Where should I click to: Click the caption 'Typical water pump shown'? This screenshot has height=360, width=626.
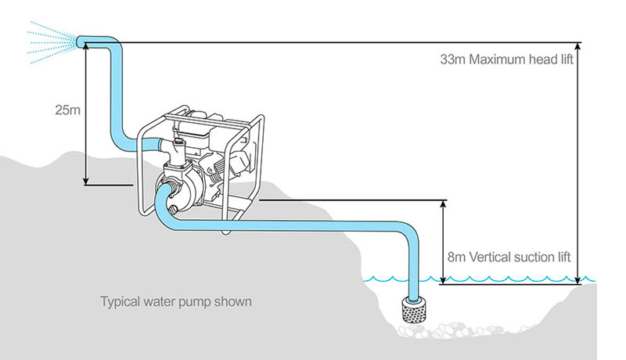click(175, 301)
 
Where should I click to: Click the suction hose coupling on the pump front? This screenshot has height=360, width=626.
click(167, 195)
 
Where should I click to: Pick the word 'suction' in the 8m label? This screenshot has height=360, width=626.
click(527, 257)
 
